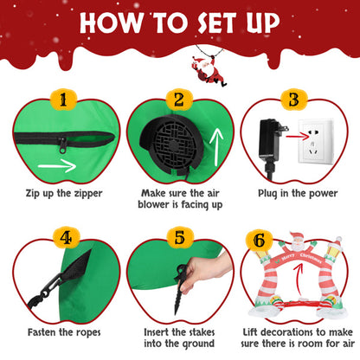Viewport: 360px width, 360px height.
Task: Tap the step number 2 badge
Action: [180, 100]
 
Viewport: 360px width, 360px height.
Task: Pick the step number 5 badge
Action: [179, 235]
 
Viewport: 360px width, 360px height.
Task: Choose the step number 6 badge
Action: [294, 236]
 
